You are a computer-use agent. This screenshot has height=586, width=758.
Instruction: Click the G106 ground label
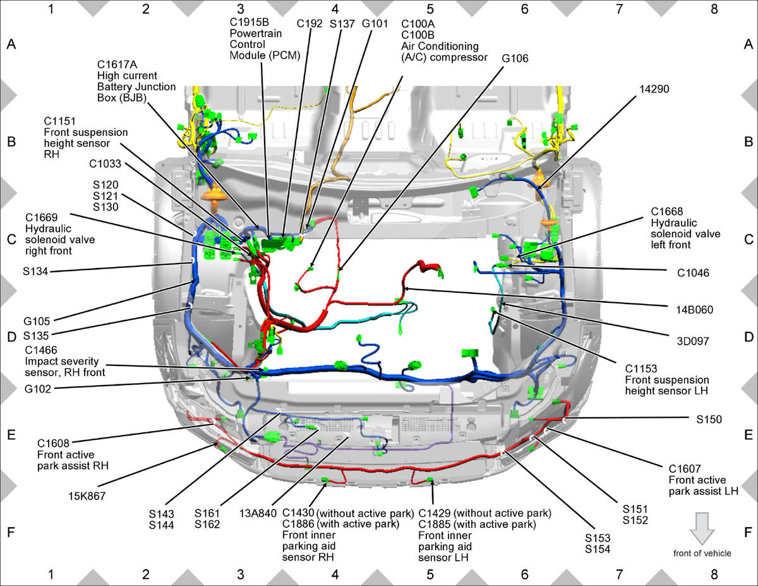[515, 58]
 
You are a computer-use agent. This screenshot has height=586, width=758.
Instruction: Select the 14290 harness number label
[654, 89]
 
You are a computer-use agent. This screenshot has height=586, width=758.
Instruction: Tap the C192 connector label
[310, 23]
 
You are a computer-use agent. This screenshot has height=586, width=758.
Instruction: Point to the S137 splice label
[342, 24]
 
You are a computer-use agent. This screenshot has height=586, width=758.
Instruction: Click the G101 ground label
[375, 23]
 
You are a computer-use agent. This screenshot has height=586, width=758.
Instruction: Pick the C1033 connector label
[105, 164]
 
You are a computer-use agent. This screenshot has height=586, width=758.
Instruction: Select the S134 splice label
[35, 271]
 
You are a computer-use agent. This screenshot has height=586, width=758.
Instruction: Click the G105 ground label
[37, 320]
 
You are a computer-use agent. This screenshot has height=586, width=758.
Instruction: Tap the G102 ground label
[38, 389]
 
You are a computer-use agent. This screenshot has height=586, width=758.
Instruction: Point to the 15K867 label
[87, 496]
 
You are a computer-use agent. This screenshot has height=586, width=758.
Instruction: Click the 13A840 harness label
[258, 513]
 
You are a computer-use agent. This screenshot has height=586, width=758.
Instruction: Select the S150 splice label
[709, 419]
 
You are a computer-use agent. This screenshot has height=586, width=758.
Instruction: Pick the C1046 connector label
[693, 272]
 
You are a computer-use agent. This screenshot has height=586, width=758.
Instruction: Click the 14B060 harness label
[694, 310]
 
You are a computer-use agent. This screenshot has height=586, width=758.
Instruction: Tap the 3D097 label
[693, 341]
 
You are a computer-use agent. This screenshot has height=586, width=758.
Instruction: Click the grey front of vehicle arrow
[702, 528]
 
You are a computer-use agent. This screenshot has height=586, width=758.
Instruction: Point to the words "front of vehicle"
[702, 553]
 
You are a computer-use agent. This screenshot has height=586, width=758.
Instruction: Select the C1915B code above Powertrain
[249, 22]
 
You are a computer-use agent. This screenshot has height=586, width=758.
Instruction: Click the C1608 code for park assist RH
[53, 443]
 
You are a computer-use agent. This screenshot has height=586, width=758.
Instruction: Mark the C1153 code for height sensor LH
[641, 369]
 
